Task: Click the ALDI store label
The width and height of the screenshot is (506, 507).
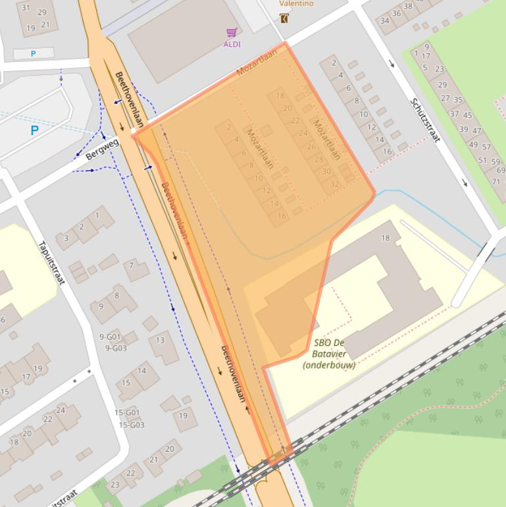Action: pyautogui.click(x=232, y=44)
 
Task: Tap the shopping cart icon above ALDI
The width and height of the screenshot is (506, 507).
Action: pyautogui.click(x=231, y=32)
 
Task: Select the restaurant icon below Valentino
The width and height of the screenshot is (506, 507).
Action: pyautogui.click(x=284, y=18)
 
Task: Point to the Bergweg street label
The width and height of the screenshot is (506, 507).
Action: pyautogui.click(x=102, y=149)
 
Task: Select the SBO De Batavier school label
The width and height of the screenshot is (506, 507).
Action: pyautogui.click(x=329, y=354)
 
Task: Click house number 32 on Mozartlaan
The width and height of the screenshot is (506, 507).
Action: pyautogui.click(x=334, y=184)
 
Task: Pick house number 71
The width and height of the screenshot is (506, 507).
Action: pyautogui.click(x=496, y=182)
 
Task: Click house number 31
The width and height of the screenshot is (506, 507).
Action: pyautogui.click(x=26, y=8)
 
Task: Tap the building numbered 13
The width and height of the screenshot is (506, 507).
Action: pyautogui.click(x=160, y=340)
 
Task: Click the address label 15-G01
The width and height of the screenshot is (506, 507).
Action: pyautogui.click(x=127, y=413)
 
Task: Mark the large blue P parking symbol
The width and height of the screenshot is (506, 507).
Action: pyautogui.click(x=34, y=131)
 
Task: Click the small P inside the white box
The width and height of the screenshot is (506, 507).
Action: pyautogui.click(x=33, y=53)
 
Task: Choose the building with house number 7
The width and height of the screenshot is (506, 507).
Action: pyautogui.click(x=132, y=266)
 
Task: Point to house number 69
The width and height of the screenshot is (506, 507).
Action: pyautogui.click(x=501, y=171)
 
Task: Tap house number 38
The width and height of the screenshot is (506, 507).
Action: pyautogui.click(x=408, y=7)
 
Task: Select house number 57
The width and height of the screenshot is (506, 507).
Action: pyautogui.click(x=486, y=147)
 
